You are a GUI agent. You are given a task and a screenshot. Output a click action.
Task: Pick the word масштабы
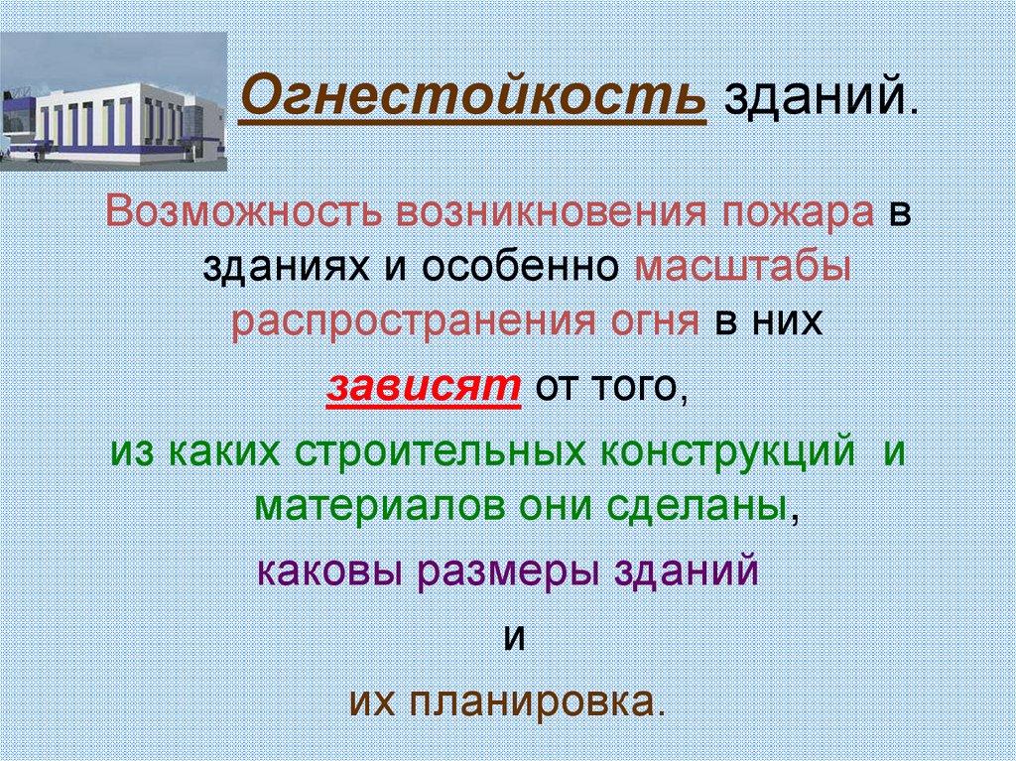pos(741,268)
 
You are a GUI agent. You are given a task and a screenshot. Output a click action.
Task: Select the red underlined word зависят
pos(424,388)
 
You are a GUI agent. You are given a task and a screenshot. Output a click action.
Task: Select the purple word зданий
pos(686,571)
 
